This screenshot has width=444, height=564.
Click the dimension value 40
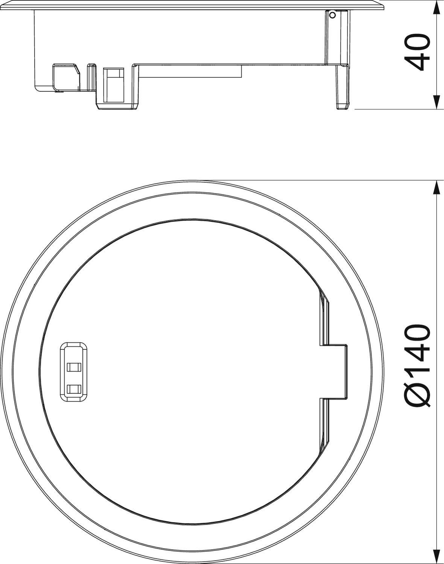pyautogui.click(x=418, y=53)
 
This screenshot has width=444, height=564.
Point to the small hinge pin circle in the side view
pyautogui.click(x=332, y=15)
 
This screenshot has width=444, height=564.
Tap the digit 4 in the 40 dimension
pyautogui.click(x=418, y=64)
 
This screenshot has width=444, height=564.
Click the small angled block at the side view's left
pyautogui.click(x=65, y=77)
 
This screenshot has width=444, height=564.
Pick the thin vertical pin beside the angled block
pyautogui.click(x=91, y=77)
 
